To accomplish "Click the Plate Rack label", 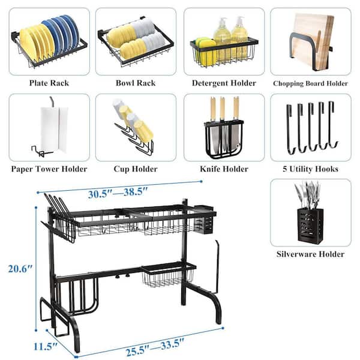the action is pos(49,83).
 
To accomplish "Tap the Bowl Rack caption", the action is pos(136,83).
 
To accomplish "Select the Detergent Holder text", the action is pos(224,83).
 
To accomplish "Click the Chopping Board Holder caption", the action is pos(310,83).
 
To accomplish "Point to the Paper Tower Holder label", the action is pos(49,169).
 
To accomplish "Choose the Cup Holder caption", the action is pos(136,169).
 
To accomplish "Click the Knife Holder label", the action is pos(224,169).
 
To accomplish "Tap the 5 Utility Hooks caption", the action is pos(310,169).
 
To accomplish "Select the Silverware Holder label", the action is pos(310,254).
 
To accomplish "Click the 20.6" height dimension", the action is pos(20,268).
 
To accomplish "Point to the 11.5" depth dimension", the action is pos(45,346).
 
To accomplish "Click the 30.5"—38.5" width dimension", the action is pos(118,193).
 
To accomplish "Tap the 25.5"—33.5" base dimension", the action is pos(155,347).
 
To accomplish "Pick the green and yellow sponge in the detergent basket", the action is pos(205,51).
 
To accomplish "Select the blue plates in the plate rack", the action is pos(62,34).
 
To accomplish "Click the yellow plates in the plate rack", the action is pos(36,43).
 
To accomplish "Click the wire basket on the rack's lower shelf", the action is pos(168,275).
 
